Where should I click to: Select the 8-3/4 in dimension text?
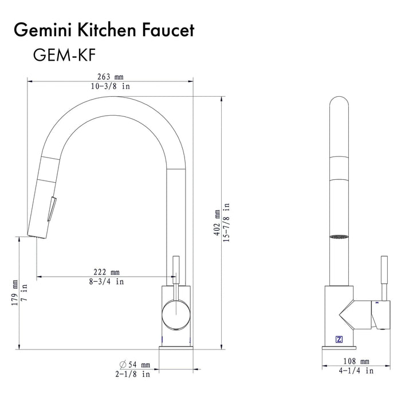tap(107, 281)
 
